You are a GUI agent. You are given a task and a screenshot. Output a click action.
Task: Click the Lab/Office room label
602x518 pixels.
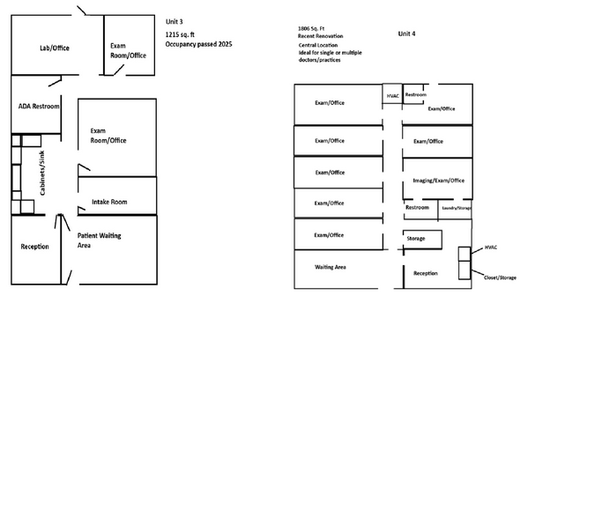55,48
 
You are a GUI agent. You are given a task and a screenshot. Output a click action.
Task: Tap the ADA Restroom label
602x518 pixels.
39,107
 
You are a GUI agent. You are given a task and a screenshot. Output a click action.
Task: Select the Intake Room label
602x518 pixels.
109,202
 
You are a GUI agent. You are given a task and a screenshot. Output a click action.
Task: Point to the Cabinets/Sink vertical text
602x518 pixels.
42,173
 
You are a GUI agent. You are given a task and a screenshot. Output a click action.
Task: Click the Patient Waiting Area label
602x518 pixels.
99,240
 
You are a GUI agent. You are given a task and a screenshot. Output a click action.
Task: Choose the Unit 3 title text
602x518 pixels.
175,21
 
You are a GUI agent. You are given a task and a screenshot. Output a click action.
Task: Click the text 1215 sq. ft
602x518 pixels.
180,34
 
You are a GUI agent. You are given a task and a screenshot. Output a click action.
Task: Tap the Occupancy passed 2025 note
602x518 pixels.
199,44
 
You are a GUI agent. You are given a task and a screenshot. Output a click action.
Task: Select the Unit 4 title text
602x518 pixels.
406,33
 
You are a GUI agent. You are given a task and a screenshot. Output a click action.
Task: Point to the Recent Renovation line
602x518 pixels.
321,36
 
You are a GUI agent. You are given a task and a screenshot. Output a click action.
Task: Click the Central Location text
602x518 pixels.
318,45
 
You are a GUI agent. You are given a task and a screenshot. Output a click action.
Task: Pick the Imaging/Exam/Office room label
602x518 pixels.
438,181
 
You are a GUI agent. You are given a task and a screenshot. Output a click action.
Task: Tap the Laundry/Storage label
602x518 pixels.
457,208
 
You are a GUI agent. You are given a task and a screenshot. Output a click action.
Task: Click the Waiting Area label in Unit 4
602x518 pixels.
331,267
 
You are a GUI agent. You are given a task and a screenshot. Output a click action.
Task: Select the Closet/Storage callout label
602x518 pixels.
500,277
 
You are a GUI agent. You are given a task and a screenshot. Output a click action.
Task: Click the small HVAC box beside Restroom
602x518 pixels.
392,93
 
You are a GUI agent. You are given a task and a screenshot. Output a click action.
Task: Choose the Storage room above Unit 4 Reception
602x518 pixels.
422,240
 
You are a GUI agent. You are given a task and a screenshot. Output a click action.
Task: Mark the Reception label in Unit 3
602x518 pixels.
35,247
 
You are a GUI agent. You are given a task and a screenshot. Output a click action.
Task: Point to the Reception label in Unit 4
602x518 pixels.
426,273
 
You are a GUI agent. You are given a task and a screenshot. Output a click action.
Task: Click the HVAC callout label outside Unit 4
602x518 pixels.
491,248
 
